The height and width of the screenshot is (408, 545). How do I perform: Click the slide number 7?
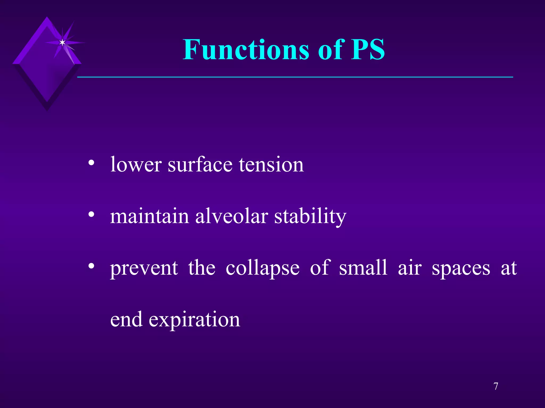tap(496, 386)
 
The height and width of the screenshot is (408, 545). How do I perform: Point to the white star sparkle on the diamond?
tap(62, 42)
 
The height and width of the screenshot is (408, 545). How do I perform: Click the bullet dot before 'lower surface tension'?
tap(91, 163)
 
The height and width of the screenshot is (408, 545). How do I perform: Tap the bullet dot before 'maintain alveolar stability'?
tap(91, 215)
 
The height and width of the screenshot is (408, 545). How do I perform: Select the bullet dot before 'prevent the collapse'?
tap(91, 266)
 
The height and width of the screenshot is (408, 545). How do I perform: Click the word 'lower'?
tap(136, 165)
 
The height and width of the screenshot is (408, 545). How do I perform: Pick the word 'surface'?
tap(200, 165)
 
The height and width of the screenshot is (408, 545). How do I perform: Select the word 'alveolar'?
tap(232, 216)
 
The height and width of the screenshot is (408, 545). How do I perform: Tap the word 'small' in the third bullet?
tap(363, 268)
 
